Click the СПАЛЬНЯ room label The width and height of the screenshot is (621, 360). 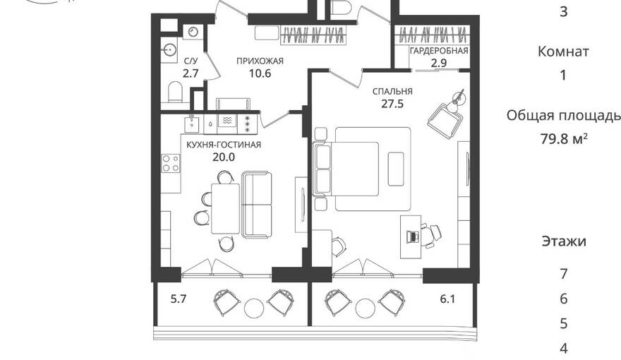392,92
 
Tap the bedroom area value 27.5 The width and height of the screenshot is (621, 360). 392,104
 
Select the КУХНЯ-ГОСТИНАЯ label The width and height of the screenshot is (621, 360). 224,145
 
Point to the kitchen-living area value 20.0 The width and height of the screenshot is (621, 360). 224,157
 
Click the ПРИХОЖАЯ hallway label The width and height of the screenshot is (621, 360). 260,61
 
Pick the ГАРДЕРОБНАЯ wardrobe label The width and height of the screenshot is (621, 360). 439,51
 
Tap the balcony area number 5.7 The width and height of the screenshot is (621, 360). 179,299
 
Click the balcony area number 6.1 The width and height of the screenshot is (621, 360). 447,299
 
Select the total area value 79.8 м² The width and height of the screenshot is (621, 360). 564,139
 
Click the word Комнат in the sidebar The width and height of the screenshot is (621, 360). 563,52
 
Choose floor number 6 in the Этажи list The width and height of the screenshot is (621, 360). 564,299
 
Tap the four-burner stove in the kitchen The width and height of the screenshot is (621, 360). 171,163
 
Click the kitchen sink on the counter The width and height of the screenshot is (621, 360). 193,124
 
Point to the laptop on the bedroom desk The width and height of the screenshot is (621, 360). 413,236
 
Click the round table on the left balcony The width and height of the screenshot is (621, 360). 254,308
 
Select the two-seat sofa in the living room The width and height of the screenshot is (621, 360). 257,205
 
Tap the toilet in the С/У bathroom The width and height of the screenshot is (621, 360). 175,92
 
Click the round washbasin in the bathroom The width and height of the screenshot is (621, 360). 170,49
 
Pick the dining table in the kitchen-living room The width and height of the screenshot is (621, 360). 225,208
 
